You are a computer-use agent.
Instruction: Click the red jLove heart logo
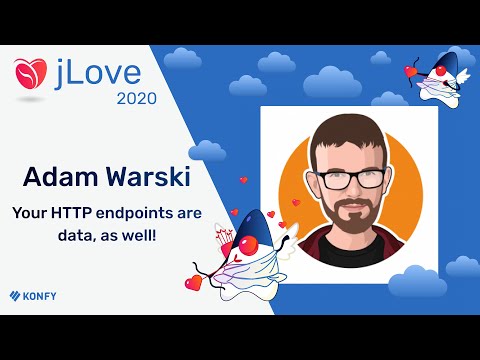31,73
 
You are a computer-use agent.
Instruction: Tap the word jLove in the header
99,73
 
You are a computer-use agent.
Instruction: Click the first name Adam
61,180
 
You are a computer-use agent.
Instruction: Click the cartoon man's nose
349,191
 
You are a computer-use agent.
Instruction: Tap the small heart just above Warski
242,180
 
